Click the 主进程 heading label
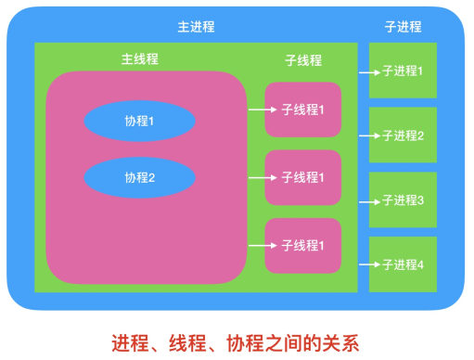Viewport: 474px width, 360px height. click(x=196, y=27)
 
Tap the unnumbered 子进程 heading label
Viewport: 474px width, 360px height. click(x=402, y=27)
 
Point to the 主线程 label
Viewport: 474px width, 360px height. click(x=139, y=58)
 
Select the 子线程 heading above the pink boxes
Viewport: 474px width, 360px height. click(x=303, y=60)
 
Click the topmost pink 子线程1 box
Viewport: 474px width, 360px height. click(x=303, y=109)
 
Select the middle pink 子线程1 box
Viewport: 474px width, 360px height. click(x=303, y=177)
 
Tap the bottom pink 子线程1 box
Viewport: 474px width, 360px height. click(x=303, y=246)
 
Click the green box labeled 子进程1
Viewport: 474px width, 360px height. click(x=403, y=71)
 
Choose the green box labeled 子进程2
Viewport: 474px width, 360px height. click(x=403, y=135)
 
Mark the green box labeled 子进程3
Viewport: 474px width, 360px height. click(x=403, y=200)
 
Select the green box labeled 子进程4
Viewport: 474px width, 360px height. click(x=403, y=264)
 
